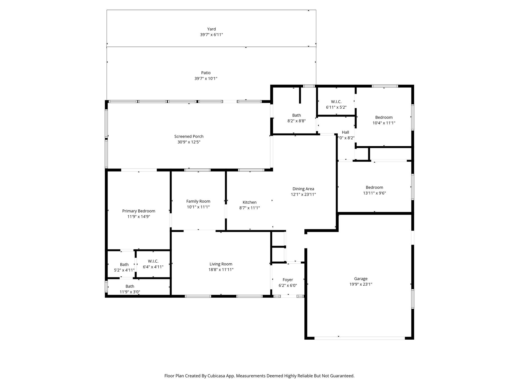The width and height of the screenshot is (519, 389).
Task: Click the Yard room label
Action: tap(211, 29)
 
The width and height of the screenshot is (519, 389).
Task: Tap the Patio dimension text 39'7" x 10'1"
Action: tap(206, 79)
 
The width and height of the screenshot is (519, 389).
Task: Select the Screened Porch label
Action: tap(189, 137)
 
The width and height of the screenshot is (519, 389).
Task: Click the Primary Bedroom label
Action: tap(139, 211)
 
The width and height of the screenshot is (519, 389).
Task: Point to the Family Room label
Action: tap(198, 201)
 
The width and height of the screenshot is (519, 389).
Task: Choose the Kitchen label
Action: tap(250, 202)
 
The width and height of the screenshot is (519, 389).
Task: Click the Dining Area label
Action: tap(303, 189)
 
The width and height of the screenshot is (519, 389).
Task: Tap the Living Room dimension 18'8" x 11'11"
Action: tap(221, 270)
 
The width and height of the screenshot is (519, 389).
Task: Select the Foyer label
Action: tap(288, 280)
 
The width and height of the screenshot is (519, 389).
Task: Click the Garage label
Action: tap(361, 279)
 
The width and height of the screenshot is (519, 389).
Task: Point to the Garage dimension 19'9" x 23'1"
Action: tap(361, 284)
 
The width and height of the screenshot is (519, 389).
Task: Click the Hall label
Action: tap(345, 132)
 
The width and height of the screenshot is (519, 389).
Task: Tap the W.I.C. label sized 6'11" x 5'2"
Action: tap(336, 102)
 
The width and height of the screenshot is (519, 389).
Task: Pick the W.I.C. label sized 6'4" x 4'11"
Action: tap(153, 261)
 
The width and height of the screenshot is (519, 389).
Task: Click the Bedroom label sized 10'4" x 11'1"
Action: tap(384, 118)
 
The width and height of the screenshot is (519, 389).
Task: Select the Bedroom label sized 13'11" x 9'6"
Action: tap(375, 187)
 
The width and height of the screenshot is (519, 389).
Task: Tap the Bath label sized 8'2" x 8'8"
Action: tap(296, 115)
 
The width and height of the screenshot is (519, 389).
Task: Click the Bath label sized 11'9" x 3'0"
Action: tap(130, 286)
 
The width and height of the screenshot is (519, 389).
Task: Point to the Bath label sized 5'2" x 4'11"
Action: tap(124, 265)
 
